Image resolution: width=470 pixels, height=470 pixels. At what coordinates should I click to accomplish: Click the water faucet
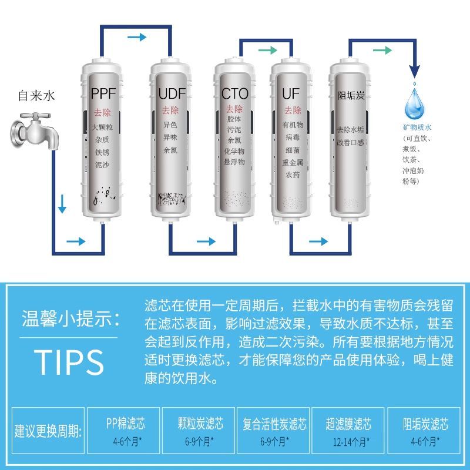click(x=35, y=131)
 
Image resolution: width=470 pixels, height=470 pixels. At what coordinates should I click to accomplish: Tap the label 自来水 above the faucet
click(x=36, y=96)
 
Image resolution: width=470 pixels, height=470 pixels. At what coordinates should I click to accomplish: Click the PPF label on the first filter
click(x=103, y=93)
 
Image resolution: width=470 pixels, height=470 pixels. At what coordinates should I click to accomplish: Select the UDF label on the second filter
click(x=172, y=93)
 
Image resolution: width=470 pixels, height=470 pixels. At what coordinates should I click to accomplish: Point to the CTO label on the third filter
click(x=234, y=93)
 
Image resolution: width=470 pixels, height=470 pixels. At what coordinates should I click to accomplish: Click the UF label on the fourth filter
click(x=291, y=93)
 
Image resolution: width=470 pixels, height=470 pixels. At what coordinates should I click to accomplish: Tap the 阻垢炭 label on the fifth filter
click(x=351, y=96)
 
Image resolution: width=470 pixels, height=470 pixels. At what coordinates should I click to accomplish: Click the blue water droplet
click(x=415, y=103)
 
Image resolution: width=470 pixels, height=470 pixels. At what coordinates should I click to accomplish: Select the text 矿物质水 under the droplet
click(x=417, y=127)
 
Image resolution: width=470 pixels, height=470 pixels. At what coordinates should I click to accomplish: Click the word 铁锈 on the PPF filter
click(x=102, y=152)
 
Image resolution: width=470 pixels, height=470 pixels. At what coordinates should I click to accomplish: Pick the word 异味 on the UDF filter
click(x=170, y=137)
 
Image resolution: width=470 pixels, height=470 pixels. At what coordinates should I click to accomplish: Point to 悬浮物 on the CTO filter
click(x=234, y=162)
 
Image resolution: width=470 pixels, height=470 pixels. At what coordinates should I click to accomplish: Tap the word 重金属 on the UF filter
click(x=293, y=163)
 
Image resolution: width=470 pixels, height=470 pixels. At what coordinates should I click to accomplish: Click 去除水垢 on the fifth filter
click(x=350, y=129)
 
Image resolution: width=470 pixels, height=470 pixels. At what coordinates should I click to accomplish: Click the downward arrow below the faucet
click(x=62, y=204)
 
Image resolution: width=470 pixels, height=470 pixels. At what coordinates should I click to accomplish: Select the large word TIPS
click(x=69, y=362)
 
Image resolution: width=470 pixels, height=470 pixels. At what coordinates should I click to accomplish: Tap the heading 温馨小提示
click(x=71, y=318)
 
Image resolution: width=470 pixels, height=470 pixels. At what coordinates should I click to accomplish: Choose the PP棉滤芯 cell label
click(x=126, y=424)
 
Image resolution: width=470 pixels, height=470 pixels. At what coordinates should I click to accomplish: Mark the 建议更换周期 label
click(x=48, y=431)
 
